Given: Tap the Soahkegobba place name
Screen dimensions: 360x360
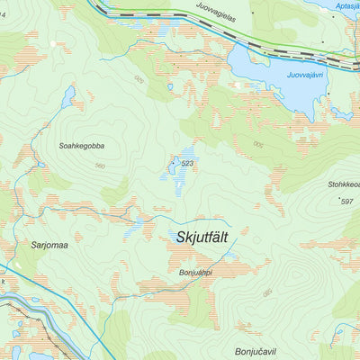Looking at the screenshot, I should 81,145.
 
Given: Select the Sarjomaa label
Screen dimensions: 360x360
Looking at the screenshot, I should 50,244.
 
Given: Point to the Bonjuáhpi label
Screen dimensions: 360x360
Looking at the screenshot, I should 195,273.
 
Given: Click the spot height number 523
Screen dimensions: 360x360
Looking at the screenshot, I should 188,163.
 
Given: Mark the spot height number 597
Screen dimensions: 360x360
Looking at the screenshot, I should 347,201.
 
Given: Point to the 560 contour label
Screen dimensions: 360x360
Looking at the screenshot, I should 99,166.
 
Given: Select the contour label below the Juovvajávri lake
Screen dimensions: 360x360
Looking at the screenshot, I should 259,144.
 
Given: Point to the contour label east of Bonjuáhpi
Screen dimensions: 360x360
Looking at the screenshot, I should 266,293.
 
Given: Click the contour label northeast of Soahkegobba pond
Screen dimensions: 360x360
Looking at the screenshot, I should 139,79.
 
